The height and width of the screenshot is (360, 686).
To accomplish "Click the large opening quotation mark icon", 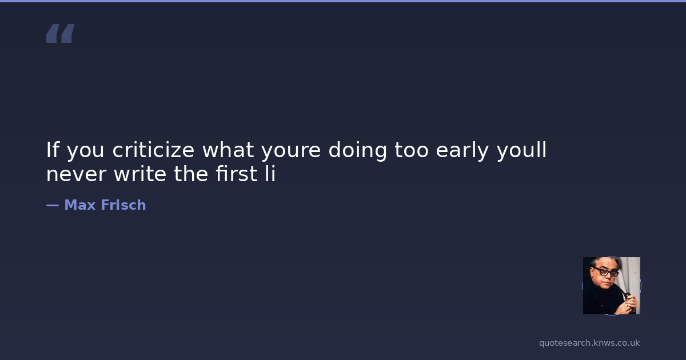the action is click(61, 33).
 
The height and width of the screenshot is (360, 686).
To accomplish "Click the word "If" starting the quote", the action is click(53, 150).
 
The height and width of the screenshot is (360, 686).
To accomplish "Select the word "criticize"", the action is click(153, 150).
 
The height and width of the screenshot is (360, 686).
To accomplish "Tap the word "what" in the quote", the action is click(228, 150).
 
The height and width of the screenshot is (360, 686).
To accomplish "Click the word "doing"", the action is click(357, 151).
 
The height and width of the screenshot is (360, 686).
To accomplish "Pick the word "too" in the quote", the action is click(411, 150).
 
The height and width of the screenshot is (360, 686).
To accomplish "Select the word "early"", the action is click(462, 151).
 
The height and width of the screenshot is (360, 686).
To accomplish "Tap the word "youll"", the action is click(521, 151).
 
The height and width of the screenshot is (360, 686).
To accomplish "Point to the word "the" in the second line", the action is click(192, 174).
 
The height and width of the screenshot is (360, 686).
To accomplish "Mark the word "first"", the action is click(237, 174).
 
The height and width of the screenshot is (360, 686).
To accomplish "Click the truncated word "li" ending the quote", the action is click(270, 174).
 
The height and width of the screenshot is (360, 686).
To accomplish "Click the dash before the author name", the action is click(53, 205).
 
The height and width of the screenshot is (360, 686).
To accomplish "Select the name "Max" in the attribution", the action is click(80, 205).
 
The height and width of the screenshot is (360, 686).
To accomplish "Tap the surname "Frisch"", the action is click(123, 205).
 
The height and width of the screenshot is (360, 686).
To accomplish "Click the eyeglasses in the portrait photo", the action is click(606, 272).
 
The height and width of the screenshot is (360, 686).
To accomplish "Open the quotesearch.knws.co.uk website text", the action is click(589, 343).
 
